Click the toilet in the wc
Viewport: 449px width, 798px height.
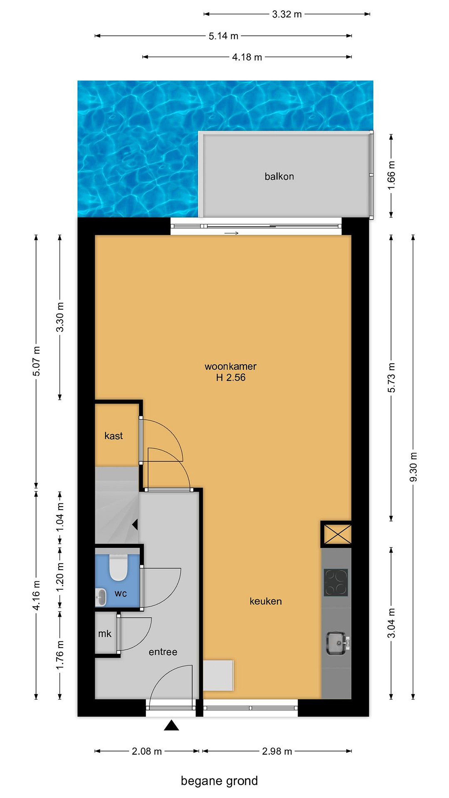click(118, 567)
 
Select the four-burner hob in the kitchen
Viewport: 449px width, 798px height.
click(336, 582)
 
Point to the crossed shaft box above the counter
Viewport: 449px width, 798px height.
click(336, 534)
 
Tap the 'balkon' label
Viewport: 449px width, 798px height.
click(279, 176)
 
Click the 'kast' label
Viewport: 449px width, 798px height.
click(113, 436)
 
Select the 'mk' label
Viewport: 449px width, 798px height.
click(105, 633)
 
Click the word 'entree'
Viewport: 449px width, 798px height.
click(163, 652)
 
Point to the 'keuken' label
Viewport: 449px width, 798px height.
click(266, 601)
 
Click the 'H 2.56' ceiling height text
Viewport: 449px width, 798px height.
click(231, 377)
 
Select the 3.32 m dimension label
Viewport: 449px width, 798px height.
click(287, 14)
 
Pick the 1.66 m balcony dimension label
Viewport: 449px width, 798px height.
click(391, 175)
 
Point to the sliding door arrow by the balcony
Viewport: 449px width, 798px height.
click(231, 233)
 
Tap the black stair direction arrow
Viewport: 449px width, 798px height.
click(135, 525)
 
